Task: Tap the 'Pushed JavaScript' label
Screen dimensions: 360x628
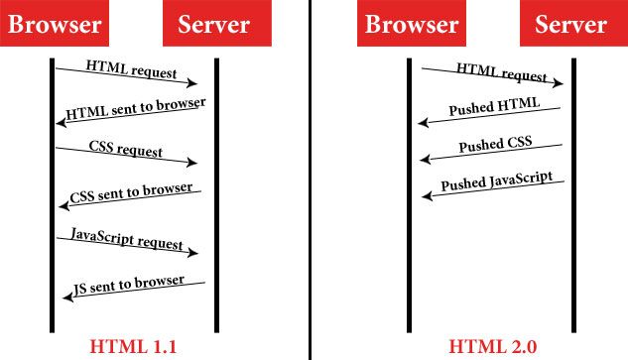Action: click(496, 184)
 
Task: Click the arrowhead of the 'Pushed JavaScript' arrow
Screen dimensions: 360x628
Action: click(425, 196)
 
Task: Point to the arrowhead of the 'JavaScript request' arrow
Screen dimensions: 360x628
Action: click(194, 254)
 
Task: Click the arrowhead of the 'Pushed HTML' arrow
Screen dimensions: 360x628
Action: click(422, 124)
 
